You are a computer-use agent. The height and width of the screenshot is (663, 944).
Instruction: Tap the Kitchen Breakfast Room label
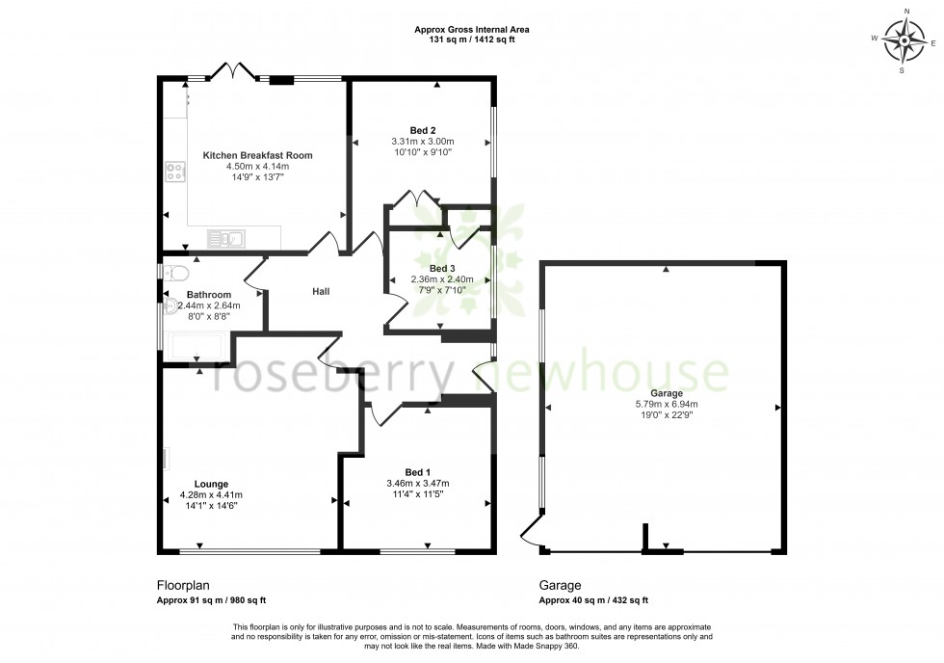[x=257, y=155]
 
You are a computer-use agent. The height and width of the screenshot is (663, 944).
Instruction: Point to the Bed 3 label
[x=442, y=268]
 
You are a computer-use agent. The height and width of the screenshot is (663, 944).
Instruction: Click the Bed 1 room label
[x=418, y=471]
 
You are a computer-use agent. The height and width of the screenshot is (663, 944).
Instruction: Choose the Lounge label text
[x=211, y=484]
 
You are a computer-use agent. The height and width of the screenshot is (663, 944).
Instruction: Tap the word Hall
[x=322, y=291]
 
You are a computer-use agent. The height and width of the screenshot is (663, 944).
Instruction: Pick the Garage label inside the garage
[x=667, y=393]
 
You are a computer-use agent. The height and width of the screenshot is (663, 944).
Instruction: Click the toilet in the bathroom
[x=174, y=271]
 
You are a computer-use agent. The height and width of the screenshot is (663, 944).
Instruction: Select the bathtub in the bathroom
[x=197, y=346]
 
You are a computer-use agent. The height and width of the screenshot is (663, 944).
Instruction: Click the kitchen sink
[x=227, y=237]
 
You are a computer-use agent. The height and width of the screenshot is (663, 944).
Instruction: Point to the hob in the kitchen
[x=175, y=172]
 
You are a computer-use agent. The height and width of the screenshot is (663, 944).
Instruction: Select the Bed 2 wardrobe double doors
[x=415, y=199]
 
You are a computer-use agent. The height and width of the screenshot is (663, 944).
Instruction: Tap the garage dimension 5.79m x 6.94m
[x=667, y=405]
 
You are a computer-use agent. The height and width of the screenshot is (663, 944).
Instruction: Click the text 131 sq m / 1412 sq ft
[x=471, y=40]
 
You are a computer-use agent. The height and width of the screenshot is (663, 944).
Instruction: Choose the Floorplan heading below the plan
[x=182, y=585]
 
